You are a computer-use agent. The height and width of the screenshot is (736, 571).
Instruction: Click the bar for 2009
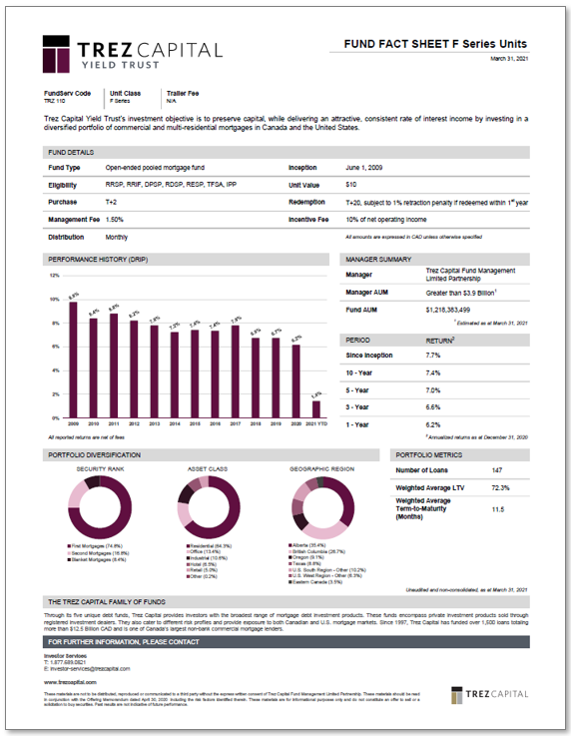click(x=73, y=360)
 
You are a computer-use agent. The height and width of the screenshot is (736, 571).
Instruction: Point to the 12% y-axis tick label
click(x=55, y=276)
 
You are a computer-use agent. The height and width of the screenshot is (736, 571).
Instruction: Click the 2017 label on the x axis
click(x=236, y=423)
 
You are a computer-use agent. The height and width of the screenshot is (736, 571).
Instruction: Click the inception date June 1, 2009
click(x=366, y=168)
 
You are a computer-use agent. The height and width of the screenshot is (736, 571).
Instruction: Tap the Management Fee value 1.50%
click(x=115, y=219)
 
